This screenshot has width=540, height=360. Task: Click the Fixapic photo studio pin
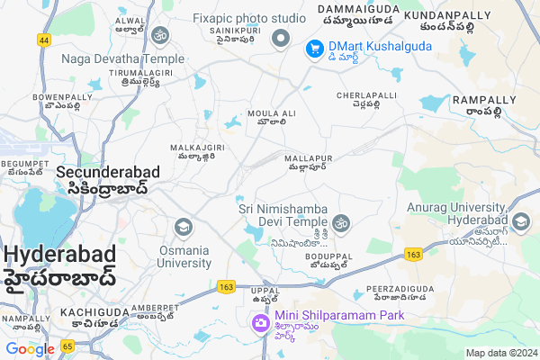point(281,37)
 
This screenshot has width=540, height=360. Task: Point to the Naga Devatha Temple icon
point(160,35)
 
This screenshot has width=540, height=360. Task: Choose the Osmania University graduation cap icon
point(184,225)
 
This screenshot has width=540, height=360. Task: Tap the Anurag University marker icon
point(521,220)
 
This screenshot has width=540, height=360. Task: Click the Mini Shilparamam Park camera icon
point(260,321)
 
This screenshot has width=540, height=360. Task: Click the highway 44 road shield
point(44,40)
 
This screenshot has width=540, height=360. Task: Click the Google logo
point(30,348)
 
